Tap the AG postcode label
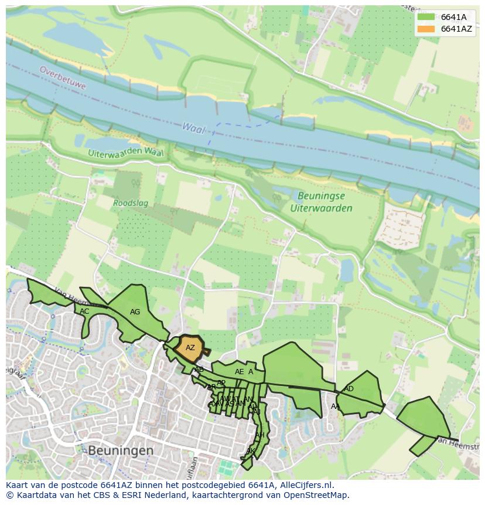135,312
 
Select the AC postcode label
85,311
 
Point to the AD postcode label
349,389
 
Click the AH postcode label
260,435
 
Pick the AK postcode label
250,451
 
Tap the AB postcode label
199,370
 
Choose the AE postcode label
239,372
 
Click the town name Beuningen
121,450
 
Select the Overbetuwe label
63,77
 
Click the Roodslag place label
131,204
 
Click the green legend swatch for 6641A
426,17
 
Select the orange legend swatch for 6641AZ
426,29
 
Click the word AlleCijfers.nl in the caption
305,485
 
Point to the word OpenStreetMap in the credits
320,495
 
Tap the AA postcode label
336,406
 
